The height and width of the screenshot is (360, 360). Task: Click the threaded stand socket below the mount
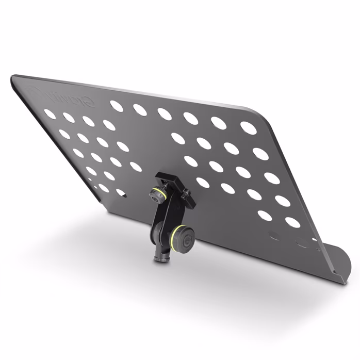(x=161, y=256)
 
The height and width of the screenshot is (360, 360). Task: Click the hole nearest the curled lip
(x=292, y=222)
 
